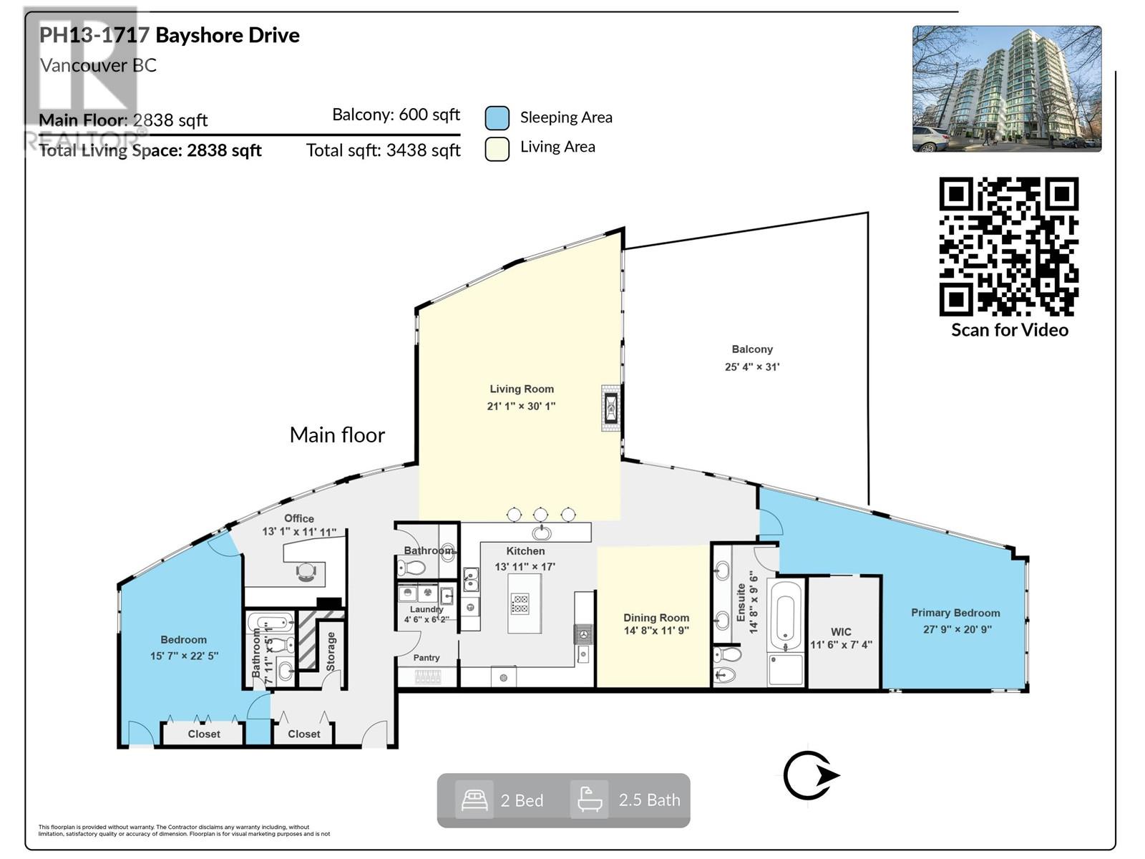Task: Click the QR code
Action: pos(1008,246)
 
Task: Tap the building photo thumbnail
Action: pos(1006,89)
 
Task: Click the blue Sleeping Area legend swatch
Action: pos(497,118)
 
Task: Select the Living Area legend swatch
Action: pos(497,148)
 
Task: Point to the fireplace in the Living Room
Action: pos(610,408)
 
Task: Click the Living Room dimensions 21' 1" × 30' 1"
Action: pos(521,406)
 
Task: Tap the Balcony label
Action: pos(751,349)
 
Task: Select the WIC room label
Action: pos(841,632)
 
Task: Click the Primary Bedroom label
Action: pos(955,613)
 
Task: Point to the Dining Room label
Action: pos(656,618)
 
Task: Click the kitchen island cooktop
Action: pos(520,603)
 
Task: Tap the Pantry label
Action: pos(427,657)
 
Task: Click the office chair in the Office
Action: pos(306,571)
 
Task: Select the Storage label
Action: pos(331,651)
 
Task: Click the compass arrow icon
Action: pos(810,775)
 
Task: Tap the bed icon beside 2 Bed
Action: pos(474,800)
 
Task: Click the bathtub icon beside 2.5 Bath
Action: pos(589,800)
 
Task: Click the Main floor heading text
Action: pos(337,435)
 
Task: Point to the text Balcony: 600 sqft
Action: pos(396,115)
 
